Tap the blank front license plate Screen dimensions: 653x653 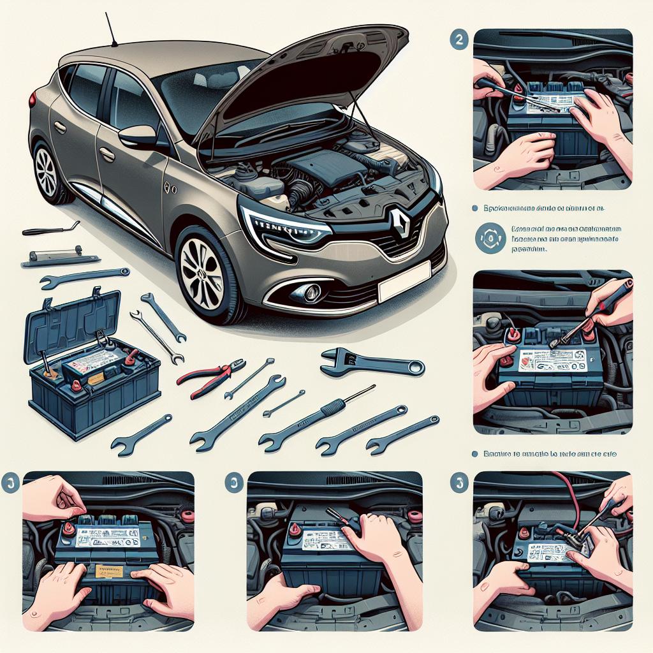404,282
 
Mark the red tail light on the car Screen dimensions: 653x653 32,100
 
